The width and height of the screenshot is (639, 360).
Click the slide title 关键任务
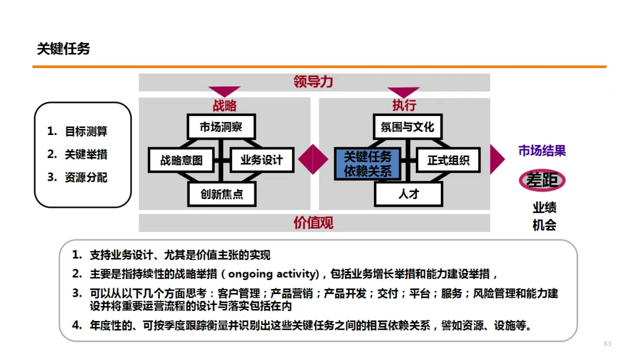click(63, 49)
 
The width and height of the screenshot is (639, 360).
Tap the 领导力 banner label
click(314, 82)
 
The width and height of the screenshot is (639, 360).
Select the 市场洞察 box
click(221, 127)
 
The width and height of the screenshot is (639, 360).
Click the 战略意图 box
click(181, 160)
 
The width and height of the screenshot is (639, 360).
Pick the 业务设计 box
click(261, 160)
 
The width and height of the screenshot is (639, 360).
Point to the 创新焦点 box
click(222, 194)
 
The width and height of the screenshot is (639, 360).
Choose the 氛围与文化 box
click(408, 127)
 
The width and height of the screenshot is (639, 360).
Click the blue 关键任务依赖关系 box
click(367, 164)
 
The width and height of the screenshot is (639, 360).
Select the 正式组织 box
click(448, 160)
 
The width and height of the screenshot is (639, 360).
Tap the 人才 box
click(408, 194)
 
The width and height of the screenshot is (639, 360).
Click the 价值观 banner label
click(314, 223)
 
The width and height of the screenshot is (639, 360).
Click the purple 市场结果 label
click(542, 151)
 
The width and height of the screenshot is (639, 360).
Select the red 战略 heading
click(225, 105)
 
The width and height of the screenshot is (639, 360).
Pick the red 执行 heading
click(404, 105)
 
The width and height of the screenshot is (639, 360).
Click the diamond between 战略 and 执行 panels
click(313, 159)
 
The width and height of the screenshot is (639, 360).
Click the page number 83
click(607, 344)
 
